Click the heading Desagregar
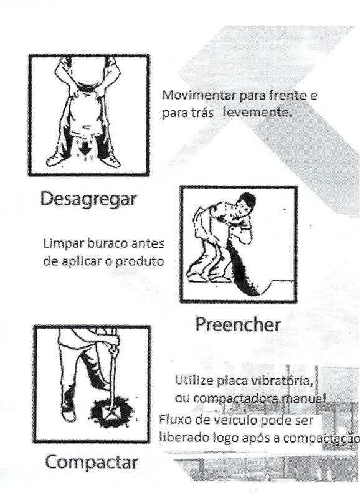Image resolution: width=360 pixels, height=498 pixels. pyautogui.click(x=88, y=200)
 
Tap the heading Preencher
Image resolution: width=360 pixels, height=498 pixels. pyautogui.click(x=238, y=324)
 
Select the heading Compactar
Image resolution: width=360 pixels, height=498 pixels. pyautogui.click(x=92, y=463)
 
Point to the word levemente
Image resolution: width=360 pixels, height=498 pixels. pyautogui.click(x=258, y=112)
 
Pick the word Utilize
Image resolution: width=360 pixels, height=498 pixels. pyautogui.click(x=194, y=380)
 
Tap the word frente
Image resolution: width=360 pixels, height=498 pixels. pyautogui.click(x=288, y=95)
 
